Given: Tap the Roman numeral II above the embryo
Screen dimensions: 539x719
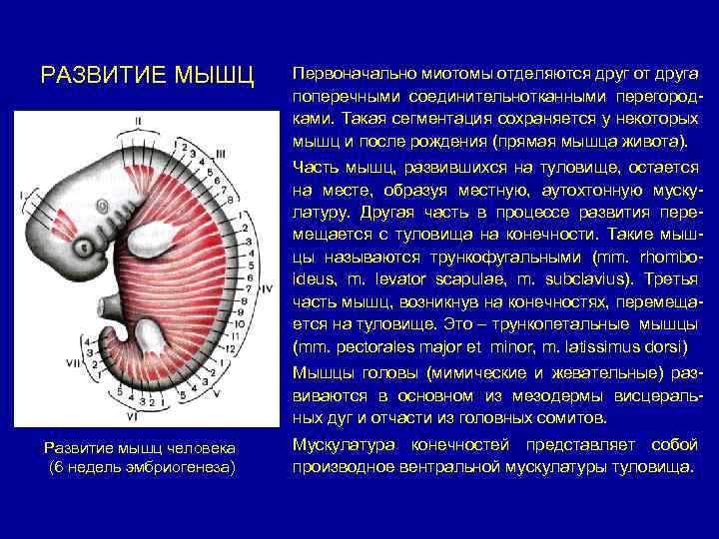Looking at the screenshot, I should [x=139, y=122].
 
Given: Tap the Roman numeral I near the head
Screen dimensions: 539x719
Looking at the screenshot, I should [x=19, y=193].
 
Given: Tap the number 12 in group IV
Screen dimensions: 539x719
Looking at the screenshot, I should [x=234, y=349].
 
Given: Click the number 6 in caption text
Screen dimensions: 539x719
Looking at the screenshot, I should [x=56, y=467].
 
